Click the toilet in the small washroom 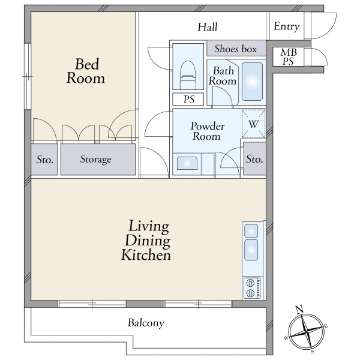(188, 75)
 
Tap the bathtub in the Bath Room (252, 82)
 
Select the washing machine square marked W (253, 124)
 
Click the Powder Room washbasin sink (187, 163)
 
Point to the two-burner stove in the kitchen (252, 288)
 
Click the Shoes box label (235, 49)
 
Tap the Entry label (287, 26)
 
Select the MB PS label (289, 57)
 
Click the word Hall (208, 27)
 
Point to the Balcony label (146, 323)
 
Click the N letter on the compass (299, 310)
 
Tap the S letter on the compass (313, 352)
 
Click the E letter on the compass (326, 326)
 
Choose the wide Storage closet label (96, 160)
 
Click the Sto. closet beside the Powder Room (254, 159)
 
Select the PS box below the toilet (188, 99)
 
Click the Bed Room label (86, 71)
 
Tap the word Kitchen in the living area (146, 254)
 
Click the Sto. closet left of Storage (45, 160)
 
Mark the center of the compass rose (306, 331)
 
